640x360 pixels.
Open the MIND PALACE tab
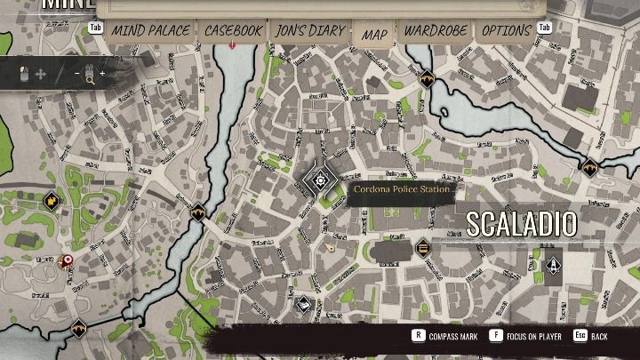coord(150,31)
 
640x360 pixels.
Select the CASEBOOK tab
coord(233,31)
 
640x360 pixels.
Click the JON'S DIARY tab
coord(309,31)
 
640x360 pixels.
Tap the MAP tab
coord(374,35)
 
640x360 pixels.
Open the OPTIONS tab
coord(506,31)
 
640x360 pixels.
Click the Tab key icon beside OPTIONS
coord(545,28)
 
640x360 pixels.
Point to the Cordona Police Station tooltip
coord(403,189)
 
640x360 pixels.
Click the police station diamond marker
coord(318,183)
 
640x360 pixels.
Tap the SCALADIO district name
coord(521,223)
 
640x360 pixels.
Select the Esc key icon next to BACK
coord(580,337)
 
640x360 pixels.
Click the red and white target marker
coord(65,261)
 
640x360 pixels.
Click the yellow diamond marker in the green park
coord(52,200)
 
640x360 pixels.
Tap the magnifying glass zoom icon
coord(89,78)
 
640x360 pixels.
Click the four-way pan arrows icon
coord(41,75)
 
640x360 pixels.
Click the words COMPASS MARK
coord(453,337)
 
